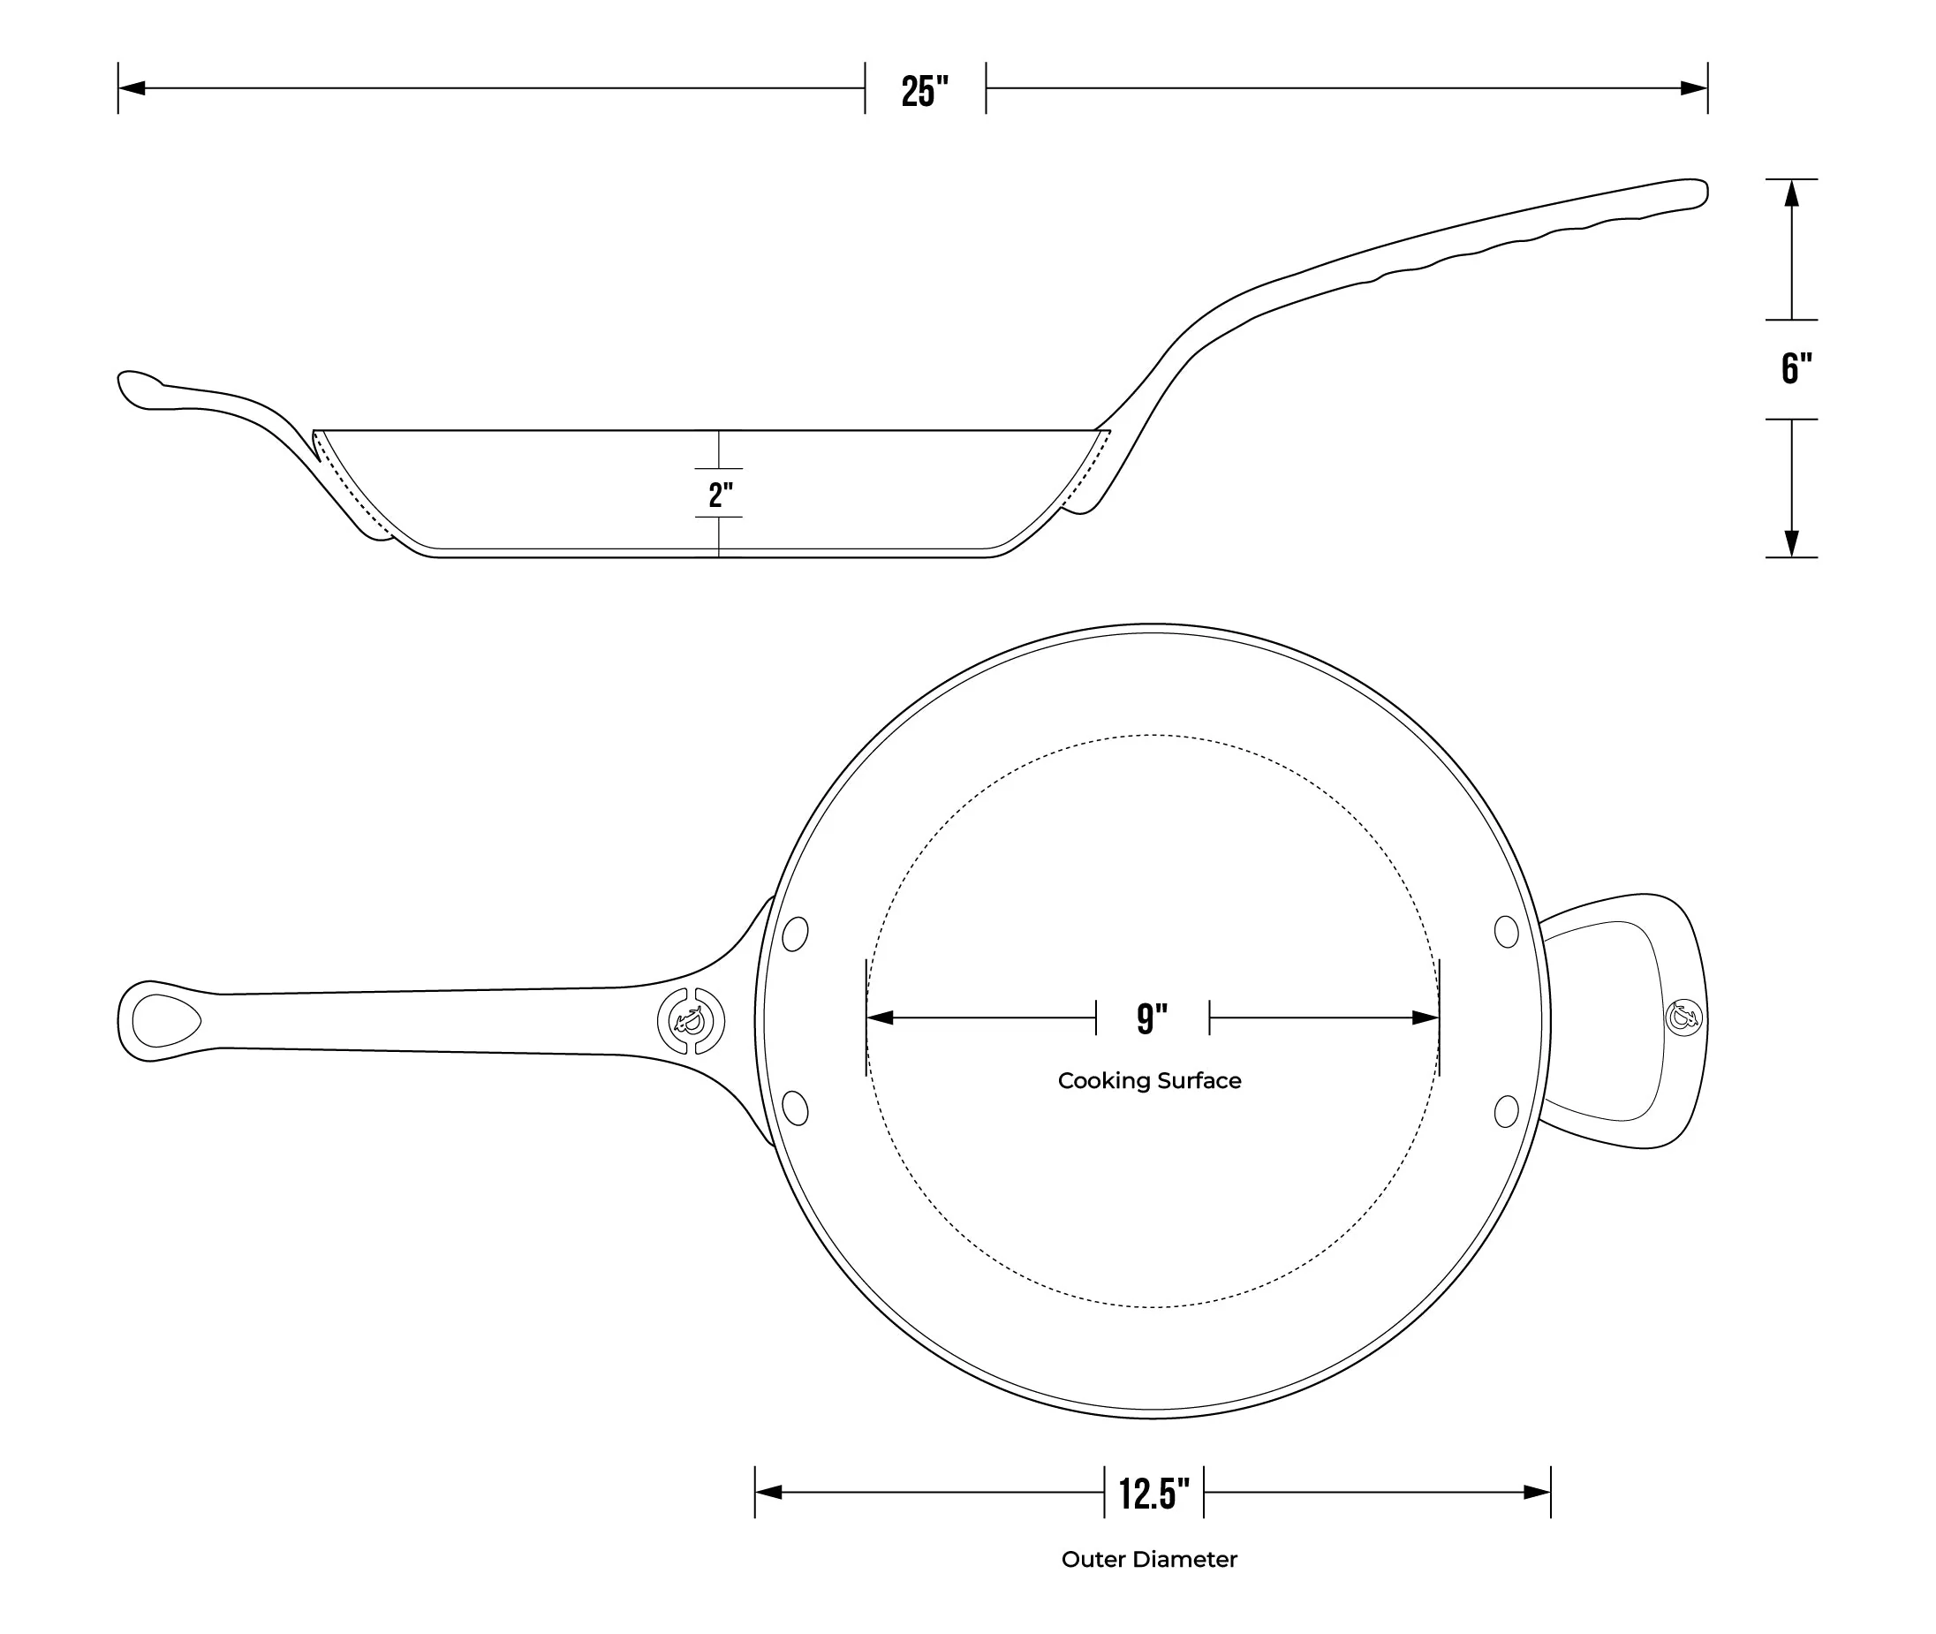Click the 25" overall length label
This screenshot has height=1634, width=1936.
[925, 91]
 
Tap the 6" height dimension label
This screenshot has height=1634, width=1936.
[1796, 368]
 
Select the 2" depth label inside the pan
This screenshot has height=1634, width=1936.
[720, 495]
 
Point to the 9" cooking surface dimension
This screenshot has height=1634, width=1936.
[1152, 1018]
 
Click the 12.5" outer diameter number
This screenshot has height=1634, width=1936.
[1153, 1494]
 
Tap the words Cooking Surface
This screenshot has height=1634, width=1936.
[1149, 1081]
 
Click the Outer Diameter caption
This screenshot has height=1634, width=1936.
[1149, 1560]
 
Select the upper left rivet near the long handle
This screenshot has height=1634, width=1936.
[795, 934]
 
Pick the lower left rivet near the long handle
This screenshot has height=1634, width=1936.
[795, 1108]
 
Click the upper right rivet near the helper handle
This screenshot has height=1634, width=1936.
[1506, 932]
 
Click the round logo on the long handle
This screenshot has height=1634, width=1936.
[691, 1021]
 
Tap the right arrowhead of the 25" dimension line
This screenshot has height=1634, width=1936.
[1694, 88]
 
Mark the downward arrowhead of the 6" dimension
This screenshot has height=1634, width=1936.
[1791, 544]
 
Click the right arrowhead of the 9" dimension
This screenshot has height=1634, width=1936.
[1426, 1018]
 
